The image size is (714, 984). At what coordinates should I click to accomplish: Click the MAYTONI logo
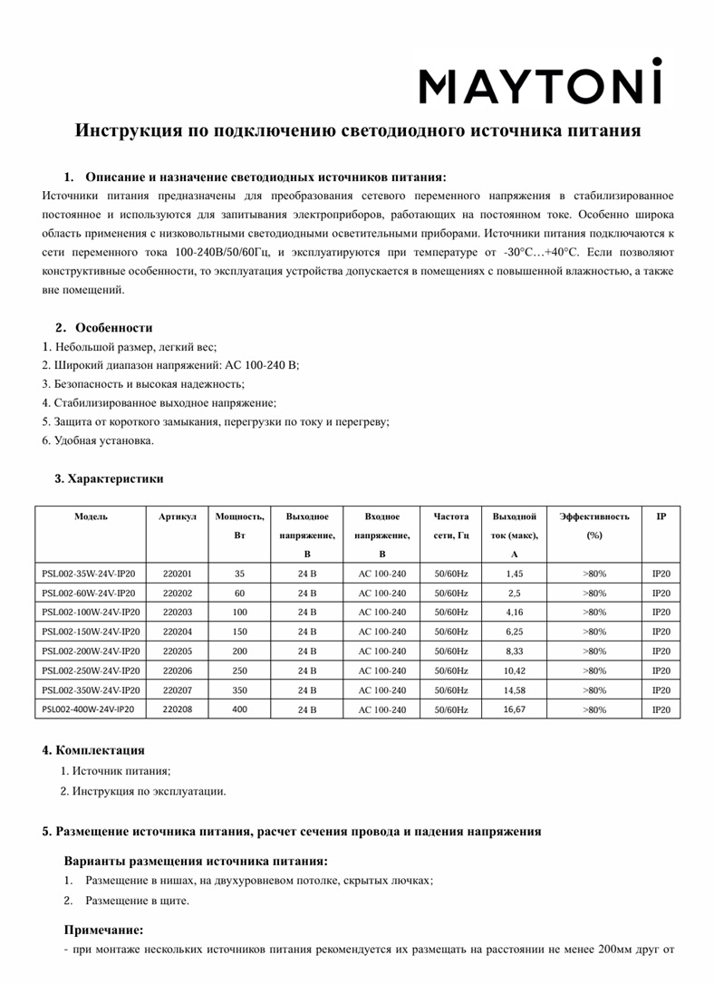click(x=540, y=84)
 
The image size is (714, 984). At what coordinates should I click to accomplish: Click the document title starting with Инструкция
click(x=357, y=131)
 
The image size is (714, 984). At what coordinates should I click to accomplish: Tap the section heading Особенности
click(x=113, y=328)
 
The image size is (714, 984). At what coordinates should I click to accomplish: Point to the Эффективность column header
click(x=594, y=516)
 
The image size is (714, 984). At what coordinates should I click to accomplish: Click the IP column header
click(x=661, y=516)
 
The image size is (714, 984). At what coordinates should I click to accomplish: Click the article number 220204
click(x=177, y=632)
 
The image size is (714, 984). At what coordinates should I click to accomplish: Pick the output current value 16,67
click(x=514, y=709)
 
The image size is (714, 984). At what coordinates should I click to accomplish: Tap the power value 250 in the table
click(x=239, y=670)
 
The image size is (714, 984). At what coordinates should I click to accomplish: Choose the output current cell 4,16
click(x=514, y=613)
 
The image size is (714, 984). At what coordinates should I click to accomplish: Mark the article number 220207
click(x=177, y=690)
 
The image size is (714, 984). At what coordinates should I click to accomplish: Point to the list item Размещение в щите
click(x=137, y=901)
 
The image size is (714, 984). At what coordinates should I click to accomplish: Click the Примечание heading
click(x=104, y=930)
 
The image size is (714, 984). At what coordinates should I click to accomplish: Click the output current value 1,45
click(x=514, y=574)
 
